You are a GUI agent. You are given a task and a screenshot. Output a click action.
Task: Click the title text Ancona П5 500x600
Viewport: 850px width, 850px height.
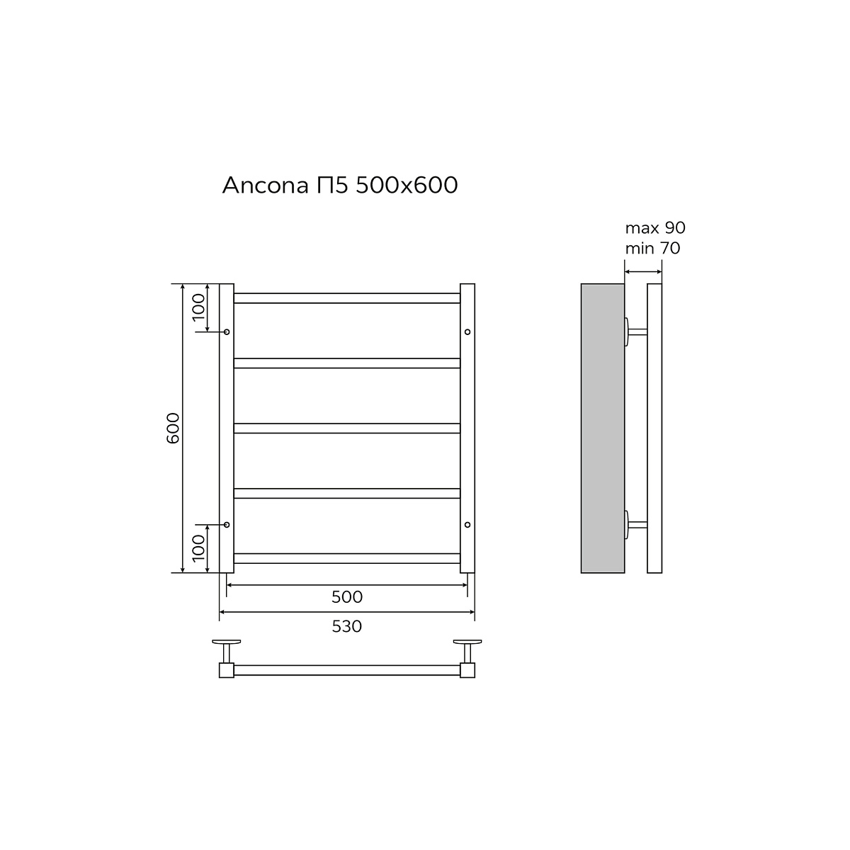(x=340, y=186)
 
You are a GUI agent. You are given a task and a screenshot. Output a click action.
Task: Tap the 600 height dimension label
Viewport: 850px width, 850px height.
(x=174, y=428)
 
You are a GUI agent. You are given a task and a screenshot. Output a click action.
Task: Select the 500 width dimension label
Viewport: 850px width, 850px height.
(x=346, y=597)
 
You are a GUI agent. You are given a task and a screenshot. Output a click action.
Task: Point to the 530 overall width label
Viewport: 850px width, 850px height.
(x=346, y=626)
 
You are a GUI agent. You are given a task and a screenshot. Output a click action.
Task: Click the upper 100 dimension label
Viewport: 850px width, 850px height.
(x=199, y=307)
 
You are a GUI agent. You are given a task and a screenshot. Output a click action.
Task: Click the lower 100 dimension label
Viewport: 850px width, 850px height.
(x=199, y=548)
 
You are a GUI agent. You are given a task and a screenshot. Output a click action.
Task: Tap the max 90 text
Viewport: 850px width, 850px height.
(x=655, y=227)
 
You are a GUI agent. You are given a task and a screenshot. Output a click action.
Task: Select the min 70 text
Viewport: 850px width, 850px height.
(x=652, y=249)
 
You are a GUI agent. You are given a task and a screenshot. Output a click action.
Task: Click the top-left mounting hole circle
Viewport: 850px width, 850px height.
(x=227, y=331)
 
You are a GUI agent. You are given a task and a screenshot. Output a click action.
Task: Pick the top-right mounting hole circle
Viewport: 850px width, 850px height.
(x=467, y=331)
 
